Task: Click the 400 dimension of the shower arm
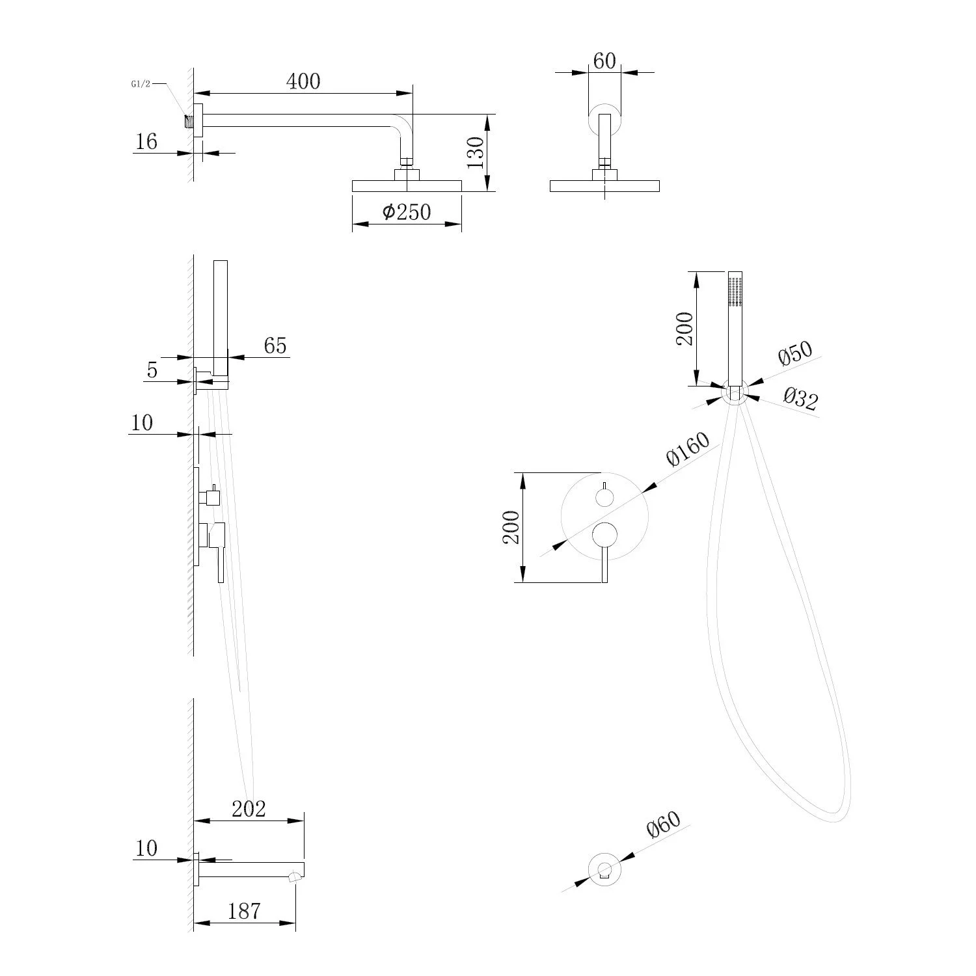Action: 303,81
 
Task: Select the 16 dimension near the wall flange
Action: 146,141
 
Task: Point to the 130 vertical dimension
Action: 475,154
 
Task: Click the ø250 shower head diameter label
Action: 407,212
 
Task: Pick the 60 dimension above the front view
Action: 604,61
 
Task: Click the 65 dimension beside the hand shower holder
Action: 275,346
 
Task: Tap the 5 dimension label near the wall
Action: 152,370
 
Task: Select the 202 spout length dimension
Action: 249,809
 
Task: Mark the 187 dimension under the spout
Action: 244,911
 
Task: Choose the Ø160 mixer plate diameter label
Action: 687,449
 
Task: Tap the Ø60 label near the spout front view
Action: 663,825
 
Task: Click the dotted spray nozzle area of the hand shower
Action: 735,292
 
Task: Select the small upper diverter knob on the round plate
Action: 604,498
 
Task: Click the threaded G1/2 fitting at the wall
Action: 189,122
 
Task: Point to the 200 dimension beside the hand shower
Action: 685,329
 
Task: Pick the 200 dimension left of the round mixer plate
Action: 511,527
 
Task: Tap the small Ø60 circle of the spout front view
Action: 604,869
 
